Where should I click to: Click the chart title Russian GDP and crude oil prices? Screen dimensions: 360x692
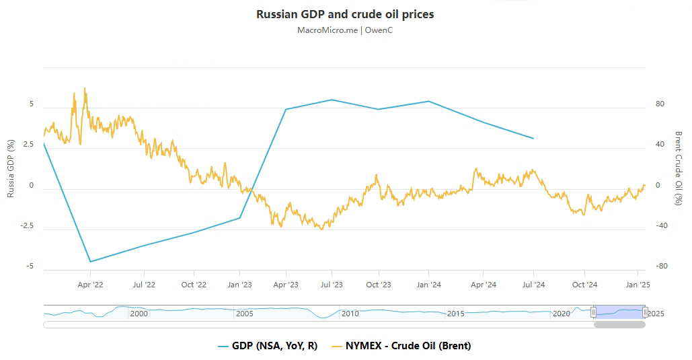345,14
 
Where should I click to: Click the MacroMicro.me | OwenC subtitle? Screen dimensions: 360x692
345,30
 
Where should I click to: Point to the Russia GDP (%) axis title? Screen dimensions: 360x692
11,168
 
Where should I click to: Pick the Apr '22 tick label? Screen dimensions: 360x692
90,285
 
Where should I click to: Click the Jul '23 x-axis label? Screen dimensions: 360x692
332,285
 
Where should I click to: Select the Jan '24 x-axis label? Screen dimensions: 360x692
429,285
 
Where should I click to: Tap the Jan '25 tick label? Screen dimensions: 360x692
638,285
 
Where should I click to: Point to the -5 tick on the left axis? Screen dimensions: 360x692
30,266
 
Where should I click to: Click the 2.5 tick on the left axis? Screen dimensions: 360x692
27,145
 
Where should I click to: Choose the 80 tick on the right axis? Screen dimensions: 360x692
660,104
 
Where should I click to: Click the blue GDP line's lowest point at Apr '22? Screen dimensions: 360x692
90,262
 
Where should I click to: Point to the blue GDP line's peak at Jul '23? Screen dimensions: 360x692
332,100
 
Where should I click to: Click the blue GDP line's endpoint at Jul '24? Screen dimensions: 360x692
533,139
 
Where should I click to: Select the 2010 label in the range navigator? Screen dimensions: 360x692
350,314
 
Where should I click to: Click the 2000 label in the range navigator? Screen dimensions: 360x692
139,314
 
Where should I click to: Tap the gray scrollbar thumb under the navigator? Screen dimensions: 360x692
619,324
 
